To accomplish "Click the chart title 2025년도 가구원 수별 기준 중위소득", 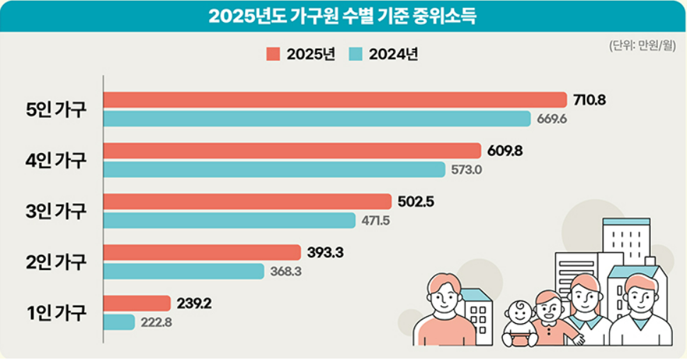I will pyautogui.click(x=342, y=16).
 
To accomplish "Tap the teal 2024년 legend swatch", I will pyautogui.click(x=356, y=54).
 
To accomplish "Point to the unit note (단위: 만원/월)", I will pyautogui.click(x=641, y=46).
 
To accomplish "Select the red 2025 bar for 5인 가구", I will pyautogui.click(x=335, y=100).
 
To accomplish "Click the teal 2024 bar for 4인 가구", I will pyautogui.click(x=275, y=169).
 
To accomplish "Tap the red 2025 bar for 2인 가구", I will pyautogui.click(x=203, y=252).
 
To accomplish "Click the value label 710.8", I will pyautogui.click(x=589, y=100).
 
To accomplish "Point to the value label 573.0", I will pyautogui.click(x=467, y=170).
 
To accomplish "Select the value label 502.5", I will pyautogui.click(x=414, y=202).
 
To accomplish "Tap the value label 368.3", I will pyautogui.click(x=286, y=271).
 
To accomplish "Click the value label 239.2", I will pyautogui.click(x=193, y=303).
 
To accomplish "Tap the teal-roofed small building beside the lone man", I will pyautogui.click(x=477, y=315).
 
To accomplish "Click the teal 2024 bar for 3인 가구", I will pyautogui.click(x=229, y=220).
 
